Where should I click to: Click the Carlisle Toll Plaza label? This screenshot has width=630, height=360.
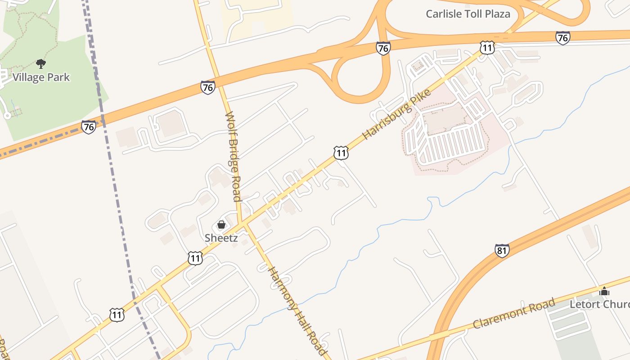(468, 13)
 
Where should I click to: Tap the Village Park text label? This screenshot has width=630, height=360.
(41, 77)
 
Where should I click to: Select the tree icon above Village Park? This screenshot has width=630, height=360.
(41, 63)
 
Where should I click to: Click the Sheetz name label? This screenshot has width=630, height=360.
(221, 238)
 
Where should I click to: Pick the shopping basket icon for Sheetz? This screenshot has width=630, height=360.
(221, 224)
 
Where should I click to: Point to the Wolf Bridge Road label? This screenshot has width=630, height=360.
(233, 156)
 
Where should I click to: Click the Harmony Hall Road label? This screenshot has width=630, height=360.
(297, 310)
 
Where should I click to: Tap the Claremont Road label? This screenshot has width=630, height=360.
(513, 313)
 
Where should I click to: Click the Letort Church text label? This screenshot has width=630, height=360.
(599, 304)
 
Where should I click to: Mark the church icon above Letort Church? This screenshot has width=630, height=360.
(604, 291)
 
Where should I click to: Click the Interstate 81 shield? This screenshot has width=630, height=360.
(502, 251)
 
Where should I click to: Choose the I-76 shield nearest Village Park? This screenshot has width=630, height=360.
(89, 127)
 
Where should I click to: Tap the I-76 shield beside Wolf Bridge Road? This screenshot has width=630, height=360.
(207, 87)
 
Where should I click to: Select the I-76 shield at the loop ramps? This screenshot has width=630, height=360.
(383, 48)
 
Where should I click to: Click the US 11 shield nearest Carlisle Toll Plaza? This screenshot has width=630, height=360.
(487, 47)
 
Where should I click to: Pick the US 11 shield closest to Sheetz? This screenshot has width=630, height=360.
(195, 258)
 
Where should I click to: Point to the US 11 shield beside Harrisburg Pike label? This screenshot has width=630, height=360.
(341, 153)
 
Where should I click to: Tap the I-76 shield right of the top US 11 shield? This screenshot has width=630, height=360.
(562, 38)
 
